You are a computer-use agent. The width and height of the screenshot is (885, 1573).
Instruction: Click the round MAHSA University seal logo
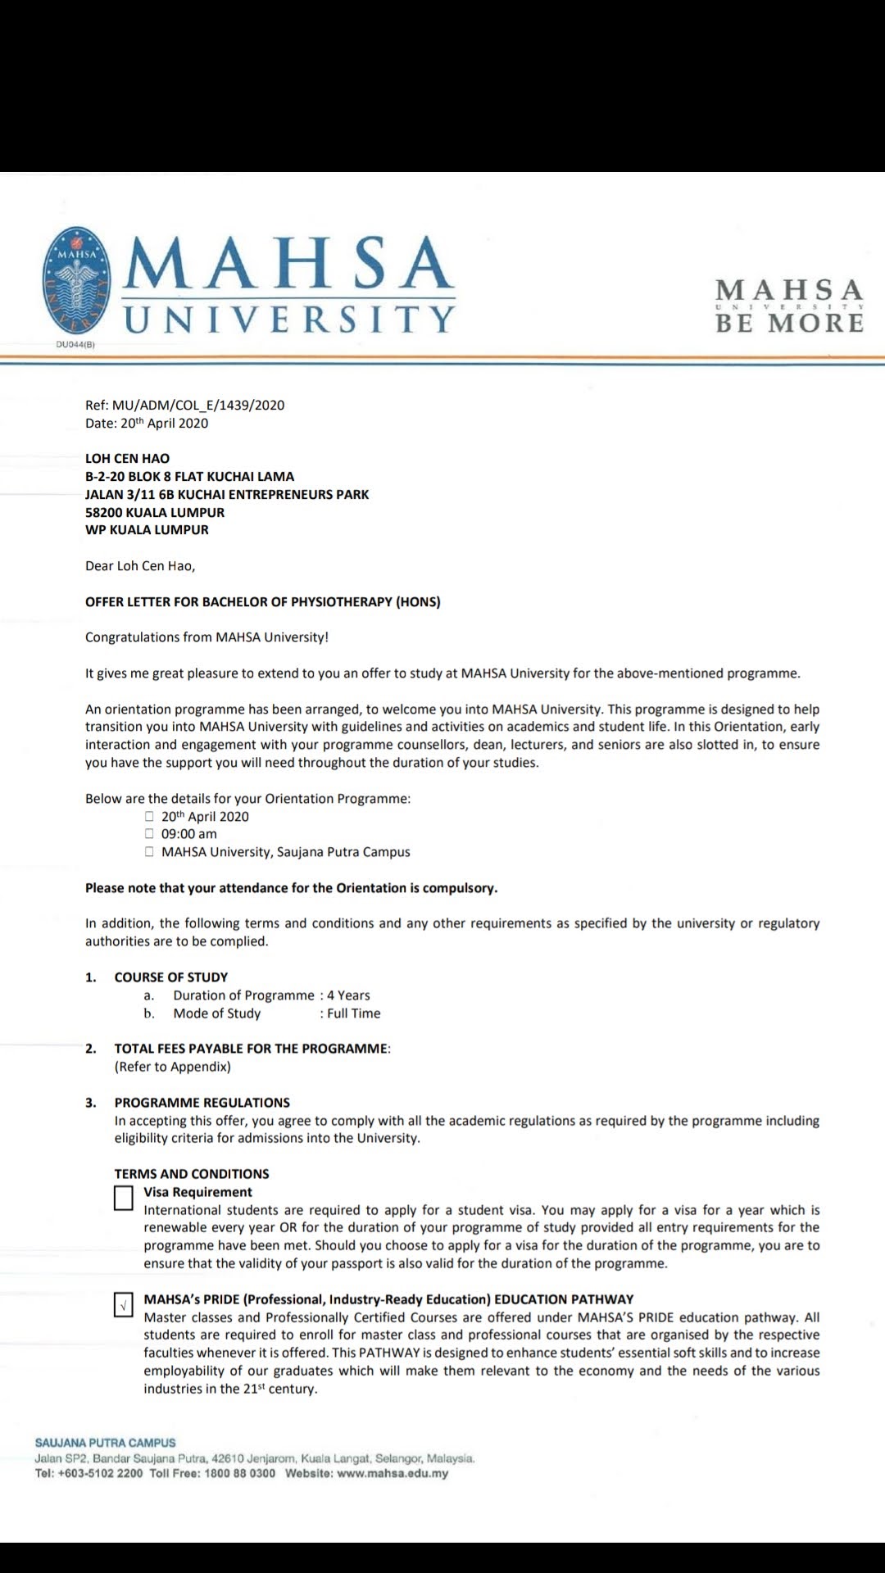(76, 280)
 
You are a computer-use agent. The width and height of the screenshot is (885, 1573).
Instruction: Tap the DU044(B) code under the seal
(75, 345)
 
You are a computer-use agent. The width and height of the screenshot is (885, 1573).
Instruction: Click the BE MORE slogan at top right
(789, 323)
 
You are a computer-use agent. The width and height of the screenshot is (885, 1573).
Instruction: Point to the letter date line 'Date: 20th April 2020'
(147, 424)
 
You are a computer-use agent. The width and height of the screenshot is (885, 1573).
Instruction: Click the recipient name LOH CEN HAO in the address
(127, 459)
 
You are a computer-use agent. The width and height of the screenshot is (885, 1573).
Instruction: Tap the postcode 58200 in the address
(103, 513)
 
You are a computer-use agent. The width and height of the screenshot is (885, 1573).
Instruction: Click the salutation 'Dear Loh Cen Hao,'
(140, 566)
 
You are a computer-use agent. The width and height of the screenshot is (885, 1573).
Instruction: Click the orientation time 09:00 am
(189, 834)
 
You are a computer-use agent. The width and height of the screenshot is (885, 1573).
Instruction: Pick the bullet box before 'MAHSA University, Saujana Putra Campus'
(149, 852)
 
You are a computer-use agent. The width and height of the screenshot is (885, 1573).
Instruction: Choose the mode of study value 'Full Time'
(353, 1013)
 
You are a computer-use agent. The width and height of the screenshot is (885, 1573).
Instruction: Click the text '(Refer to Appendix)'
(173, 1067)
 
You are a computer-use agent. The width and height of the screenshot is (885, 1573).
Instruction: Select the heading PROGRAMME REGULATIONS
(202, 1103)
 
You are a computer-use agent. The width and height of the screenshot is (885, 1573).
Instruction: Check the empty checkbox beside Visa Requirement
(124, 1198)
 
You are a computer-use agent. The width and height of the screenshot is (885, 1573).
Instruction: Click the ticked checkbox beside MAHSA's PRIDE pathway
(124, 1304)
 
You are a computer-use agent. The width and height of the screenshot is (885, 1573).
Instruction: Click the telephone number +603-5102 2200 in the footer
(100, 1473)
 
